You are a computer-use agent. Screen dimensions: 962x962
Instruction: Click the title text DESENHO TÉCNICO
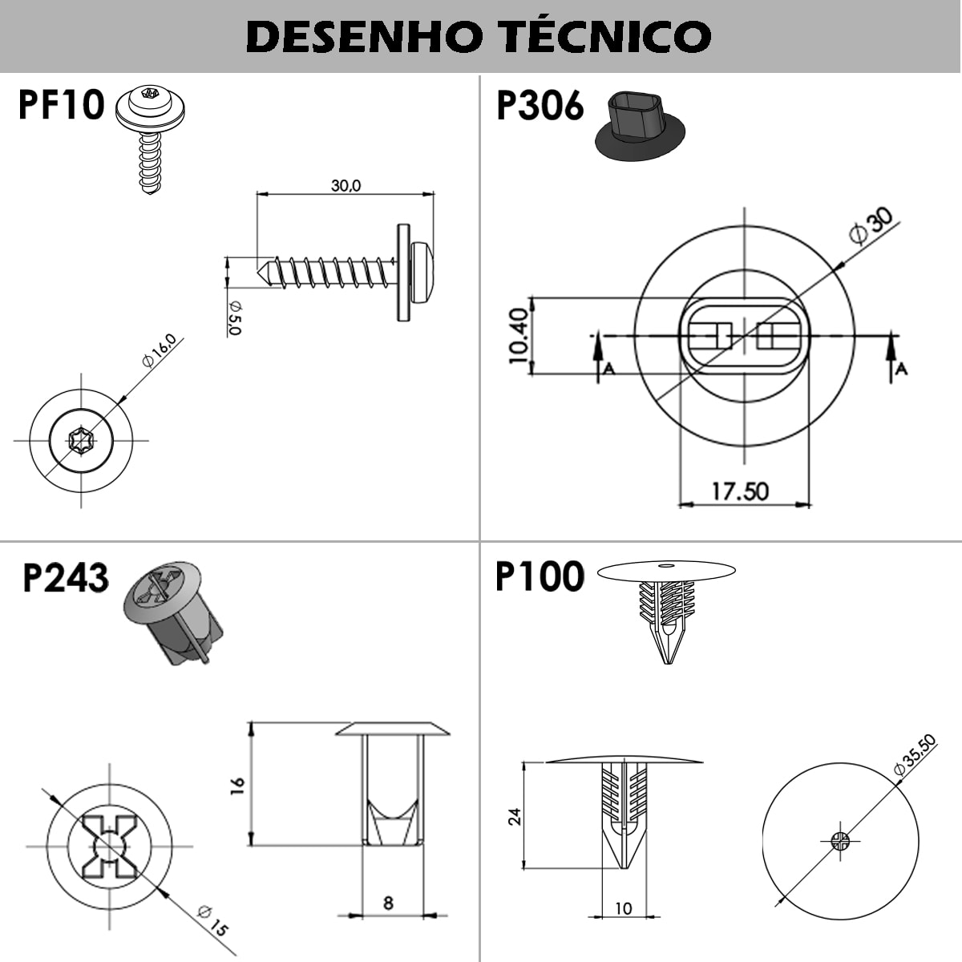tap(479, 36)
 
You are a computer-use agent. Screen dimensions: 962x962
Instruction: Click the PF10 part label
tap(62, 105)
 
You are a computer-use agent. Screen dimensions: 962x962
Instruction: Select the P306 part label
tap(540, 106)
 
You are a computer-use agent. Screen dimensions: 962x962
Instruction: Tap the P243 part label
tap(65, 577)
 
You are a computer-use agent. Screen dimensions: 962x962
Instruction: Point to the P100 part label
tap(540, 576)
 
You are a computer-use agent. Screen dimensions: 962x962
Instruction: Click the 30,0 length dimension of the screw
tap(346, 185)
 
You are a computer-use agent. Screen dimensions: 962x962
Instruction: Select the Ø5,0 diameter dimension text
tap(234, 317)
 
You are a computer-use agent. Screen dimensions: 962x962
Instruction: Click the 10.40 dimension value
tap(519, 336)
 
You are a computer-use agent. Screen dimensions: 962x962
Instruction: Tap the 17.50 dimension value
tap(740, 491)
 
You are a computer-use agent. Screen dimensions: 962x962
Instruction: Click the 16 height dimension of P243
tap(237, 786)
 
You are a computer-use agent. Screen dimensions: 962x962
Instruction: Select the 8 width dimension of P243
tap(388, 903)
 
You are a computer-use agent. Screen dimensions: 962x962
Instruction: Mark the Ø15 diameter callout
tap(212, 920)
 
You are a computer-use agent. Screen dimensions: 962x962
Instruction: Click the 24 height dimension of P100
tap(515, 816)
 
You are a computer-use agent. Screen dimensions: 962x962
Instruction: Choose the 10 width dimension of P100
tap(623, 908)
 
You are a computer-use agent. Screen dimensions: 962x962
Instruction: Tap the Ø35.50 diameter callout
tap(914, 756)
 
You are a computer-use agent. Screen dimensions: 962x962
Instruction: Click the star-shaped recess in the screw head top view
tap(80, 439)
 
